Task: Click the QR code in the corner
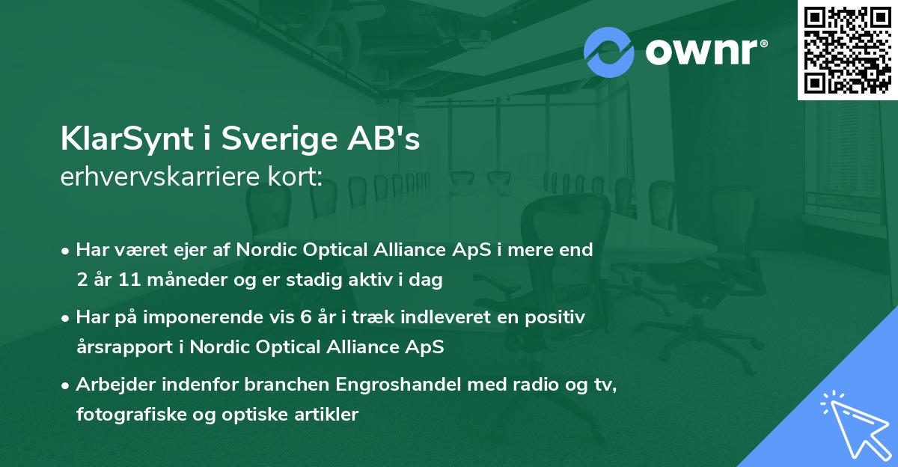coord(847,50)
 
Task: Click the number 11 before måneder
coord(129,281)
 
